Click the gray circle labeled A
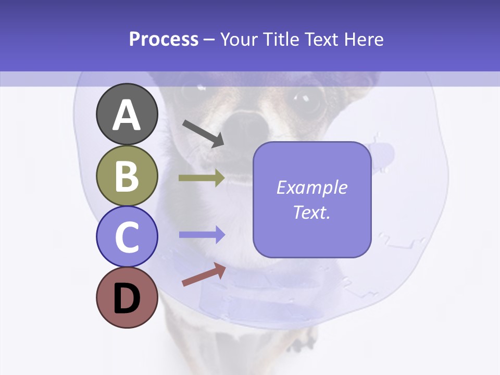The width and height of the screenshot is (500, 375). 127,115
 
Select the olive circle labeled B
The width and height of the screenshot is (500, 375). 127,176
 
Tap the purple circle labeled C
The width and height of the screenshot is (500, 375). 127,236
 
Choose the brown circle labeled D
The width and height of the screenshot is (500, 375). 127,297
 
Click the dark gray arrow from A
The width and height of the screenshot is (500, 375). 203,133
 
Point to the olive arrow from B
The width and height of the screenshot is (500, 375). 202,178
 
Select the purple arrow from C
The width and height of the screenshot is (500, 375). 202,235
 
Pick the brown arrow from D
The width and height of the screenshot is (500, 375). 204,274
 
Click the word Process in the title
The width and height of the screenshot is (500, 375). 164,40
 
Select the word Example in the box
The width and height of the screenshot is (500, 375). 311,187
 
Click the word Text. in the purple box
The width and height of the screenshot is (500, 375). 311,212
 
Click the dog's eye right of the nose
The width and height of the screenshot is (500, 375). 307,100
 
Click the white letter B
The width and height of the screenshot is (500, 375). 127,177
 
